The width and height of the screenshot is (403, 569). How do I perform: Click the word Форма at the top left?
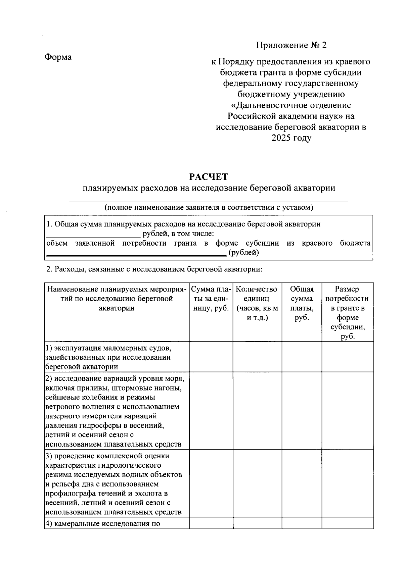(58, 57)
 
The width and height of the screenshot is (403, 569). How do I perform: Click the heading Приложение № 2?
(291, 45)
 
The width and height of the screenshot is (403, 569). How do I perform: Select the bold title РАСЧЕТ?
(209, 176)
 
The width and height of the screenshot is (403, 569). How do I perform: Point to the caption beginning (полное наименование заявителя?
(209, 207)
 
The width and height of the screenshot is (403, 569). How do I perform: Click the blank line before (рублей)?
(136, 253)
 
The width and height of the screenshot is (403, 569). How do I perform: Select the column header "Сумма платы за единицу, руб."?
(211, 299)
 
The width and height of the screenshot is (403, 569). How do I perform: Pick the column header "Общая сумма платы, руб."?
(302, 303)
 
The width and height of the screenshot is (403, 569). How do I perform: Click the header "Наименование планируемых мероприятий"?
(117, 299)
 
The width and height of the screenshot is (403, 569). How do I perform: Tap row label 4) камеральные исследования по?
(102, 524)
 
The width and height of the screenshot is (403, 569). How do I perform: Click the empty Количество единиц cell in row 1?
(257, 357)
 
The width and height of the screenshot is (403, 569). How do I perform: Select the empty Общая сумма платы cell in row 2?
(302, 411)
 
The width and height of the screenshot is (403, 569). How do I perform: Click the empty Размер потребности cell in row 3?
(347, 483)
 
